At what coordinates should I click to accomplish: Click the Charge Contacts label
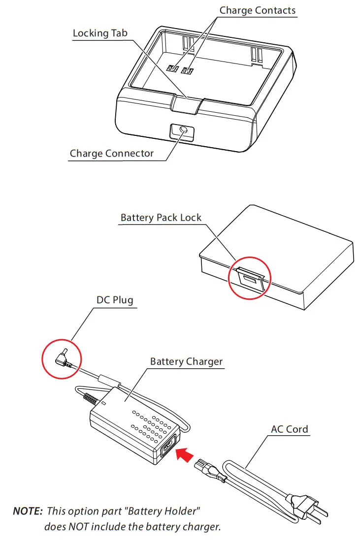pyautogui.click(x=257, y=10)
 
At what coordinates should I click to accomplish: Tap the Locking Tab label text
pyautogui.click(x=100, y=33)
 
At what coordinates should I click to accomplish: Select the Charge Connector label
pyautogui.click(x=112, y=153)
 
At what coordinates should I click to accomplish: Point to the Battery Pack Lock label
pyautogui.click(x=161, y=218)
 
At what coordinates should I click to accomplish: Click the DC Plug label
pyautogui.click(x=115, y=300)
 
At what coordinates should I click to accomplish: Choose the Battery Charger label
pyautogui.click(x=186, y=362)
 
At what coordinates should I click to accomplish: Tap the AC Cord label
pyautogui.click(x=290, y=429)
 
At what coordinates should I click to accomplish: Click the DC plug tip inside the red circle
pyautogui.click(x=63, y=358)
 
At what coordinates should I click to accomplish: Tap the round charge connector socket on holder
pyautogui.click(x=182, y=131)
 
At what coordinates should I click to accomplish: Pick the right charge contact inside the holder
pyautogui.click(x=187, y=70)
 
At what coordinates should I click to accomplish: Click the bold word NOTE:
pyautogui.click(x=28, y=511)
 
